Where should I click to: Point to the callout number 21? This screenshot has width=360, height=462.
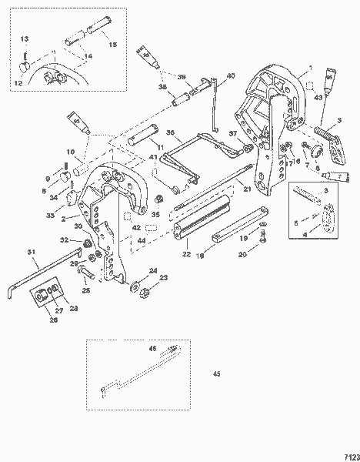[248, 189]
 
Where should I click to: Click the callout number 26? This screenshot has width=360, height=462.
[55, 311]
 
